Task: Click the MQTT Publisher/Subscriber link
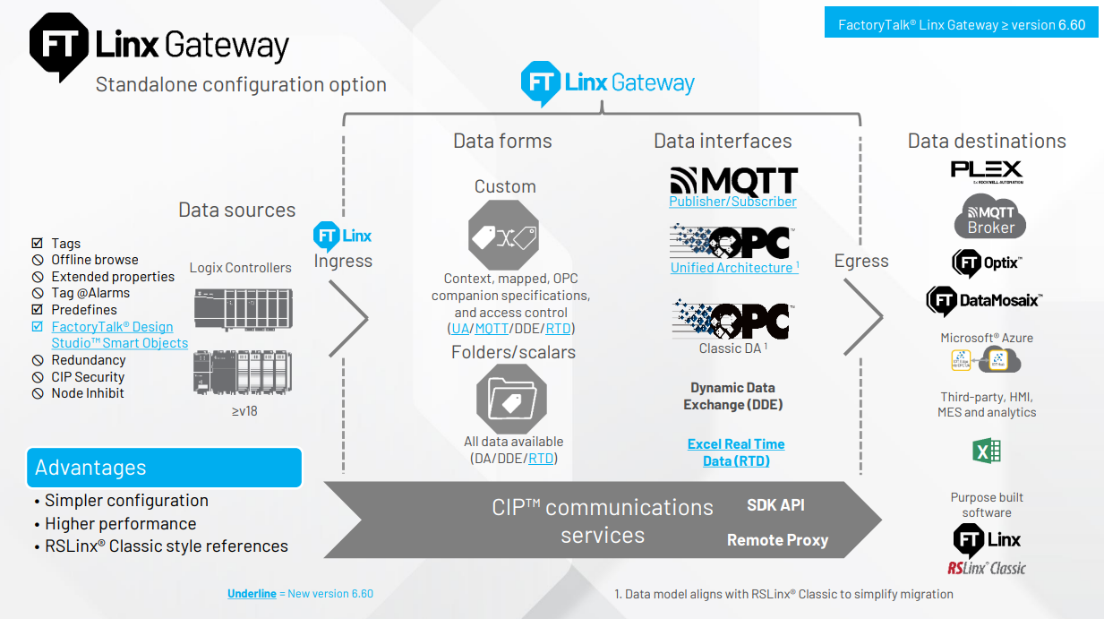[x=732, y=202]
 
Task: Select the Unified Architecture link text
[x=732, y=267]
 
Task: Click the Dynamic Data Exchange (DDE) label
[x=732, y=396]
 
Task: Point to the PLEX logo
[x=986, y=169]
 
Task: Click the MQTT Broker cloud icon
[x=989, y=219]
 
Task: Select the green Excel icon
[x=986, y=451]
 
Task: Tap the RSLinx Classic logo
[x=987, y=567]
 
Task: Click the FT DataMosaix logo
[x=984, y=301]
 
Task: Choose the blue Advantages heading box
[x=164, y=468]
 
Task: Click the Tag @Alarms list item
[x=90, y=293]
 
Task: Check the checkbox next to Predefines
[x=38, y=310]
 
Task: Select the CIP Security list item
[x=88, y=377]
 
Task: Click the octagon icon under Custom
[x=504, y=235]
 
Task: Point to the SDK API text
[x=775, y=505]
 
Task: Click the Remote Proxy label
[x=777, y=540]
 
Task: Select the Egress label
[x=861, y=261]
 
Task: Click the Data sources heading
[x=236, y=210]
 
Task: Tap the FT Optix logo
[x=986, y=263]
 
